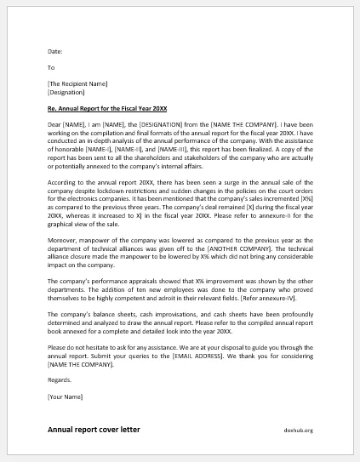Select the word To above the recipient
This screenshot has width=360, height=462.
point(51,66)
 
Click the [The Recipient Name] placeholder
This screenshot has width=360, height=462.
point(77,83)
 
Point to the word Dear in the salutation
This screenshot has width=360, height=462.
point(55,125)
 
